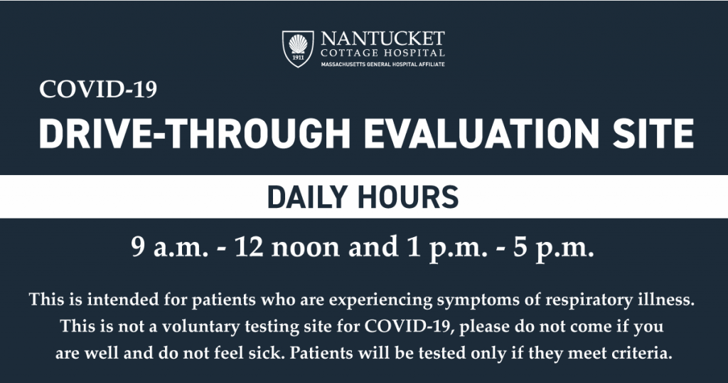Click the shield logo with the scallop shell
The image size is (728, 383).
click(x=298, y=49)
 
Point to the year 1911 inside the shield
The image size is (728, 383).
click(x=298, y=58)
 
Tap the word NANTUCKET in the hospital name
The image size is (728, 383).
click(x=382, y=38)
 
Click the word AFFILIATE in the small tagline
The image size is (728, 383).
click(x=432, y=64)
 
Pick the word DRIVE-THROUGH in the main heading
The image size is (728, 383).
click(x=195, y=133)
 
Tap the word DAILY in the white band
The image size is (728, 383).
click(x=307, y=196)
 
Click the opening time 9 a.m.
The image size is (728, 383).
click(x=169, y=247)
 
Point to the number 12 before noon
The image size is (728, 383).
click(x=250, y=247)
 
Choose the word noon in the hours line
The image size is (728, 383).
click(x=306, y=249)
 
